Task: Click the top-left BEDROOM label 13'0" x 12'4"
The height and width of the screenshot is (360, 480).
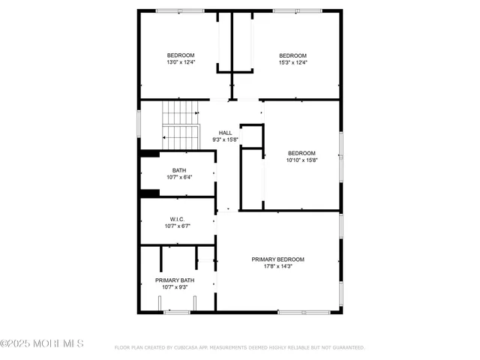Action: [x=180, y=55]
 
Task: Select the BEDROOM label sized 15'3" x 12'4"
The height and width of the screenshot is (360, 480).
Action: [x=292, y=55]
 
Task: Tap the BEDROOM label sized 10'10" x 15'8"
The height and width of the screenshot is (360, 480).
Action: [x=301, y=153]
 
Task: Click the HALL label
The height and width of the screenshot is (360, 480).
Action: [x=225, y=132]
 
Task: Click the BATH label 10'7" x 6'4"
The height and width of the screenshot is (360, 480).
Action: [x=179, y=170]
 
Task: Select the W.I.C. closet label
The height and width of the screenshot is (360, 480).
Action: [x=177, y=219]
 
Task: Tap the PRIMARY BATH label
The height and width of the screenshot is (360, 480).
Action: [x=175, y=280]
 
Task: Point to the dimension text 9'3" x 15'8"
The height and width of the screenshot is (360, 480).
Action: [x=225, y=139]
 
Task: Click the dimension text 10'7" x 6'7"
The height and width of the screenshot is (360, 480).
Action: [x=177, y=226]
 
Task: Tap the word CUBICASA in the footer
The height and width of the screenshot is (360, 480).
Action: [x=184, y=348]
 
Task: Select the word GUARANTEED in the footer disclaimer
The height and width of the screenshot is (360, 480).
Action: [x=346, y=348]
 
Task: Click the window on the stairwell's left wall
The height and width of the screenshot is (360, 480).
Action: [x=139, y=121]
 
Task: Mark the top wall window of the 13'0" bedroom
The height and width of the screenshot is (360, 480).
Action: [x=180, y=10]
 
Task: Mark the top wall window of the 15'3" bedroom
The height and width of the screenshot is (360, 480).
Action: [x=293, y=10]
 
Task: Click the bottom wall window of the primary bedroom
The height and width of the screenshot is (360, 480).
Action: [x=299, y=312]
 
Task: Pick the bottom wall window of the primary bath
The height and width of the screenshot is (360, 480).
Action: [x=177, y=312]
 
